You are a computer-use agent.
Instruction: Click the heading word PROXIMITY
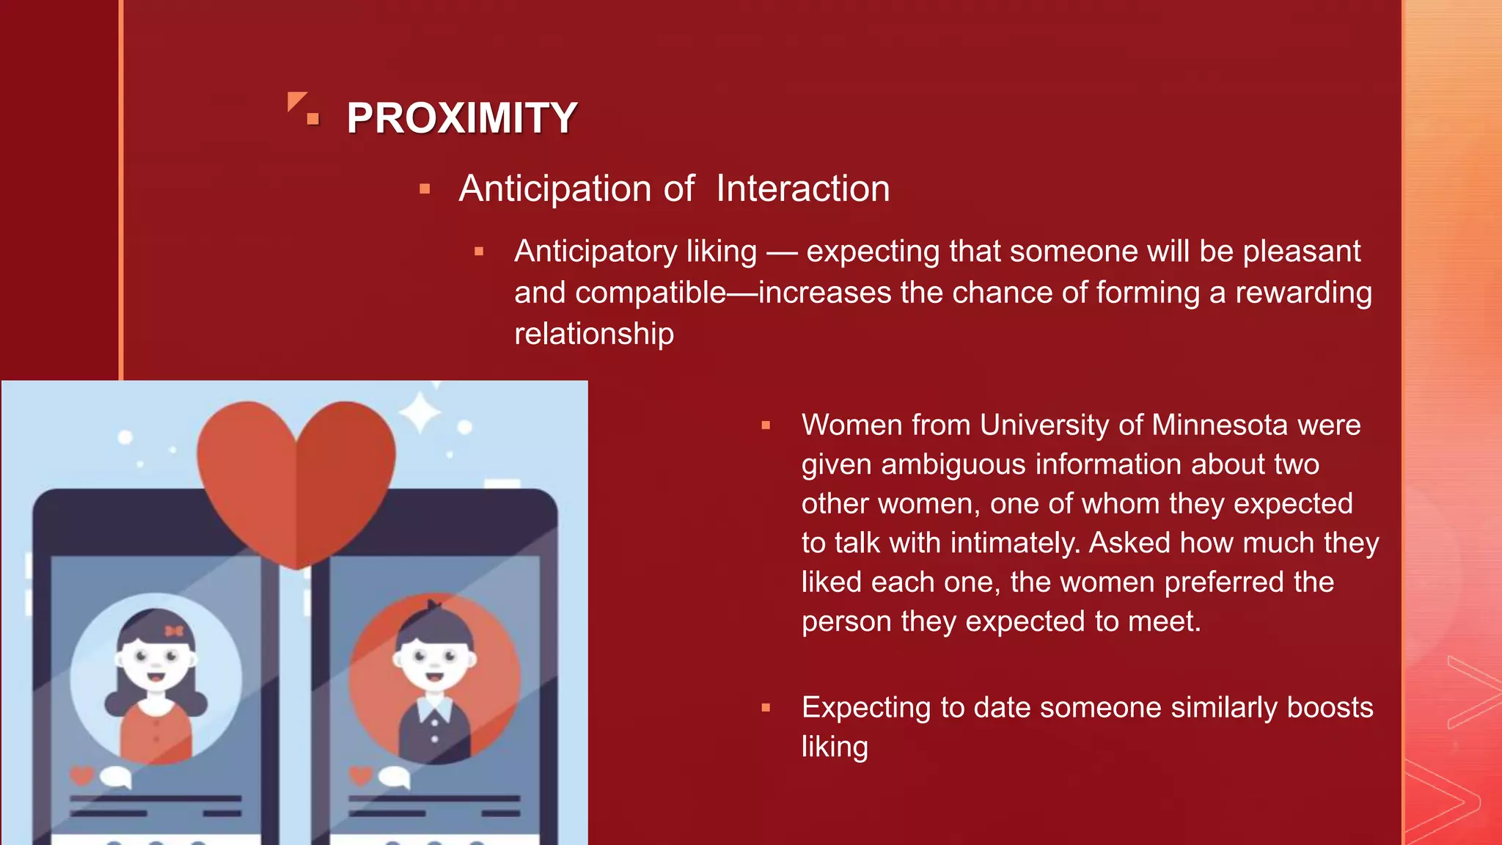point(461,118)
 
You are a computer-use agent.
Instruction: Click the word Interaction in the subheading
point(802,189)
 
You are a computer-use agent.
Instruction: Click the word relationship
point(593,334)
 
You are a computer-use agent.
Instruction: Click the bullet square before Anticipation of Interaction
point(425,189)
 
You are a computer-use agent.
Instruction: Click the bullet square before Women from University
point(766,425)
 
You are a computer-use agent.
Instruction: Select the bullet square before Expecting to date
point(766,708)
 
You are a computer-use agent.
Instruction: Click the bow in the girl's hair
point(174,631)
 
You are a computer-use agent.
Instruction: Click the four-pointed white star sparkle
point(420,413)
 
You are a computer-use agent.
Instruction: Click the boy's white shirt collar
point(434,707)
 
